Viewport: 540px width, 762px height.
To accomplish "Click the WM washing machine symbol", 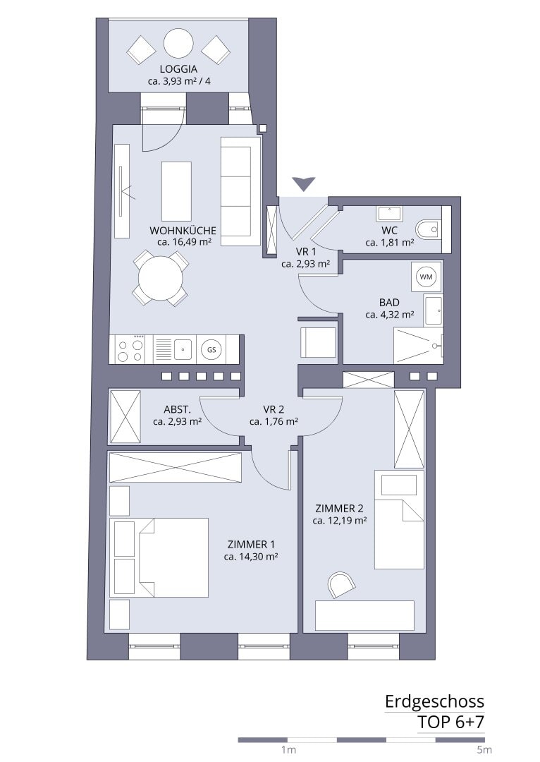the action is [426, 277].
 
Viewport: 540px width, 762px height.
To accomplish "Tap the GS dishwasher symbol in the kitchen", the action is [211, 349].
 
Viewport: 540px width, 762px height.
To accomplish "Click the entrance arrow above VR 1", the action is [304, 183].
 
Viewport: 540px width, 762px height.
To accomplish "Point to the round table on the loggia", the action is [178, 44].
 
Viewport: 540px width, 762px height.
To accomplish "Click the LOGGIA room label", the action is [178, 69].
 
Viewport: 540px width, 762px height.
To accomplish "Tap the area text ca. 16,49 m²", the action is [183, 241].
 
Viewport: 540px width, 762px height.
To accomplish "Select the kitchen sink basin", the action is [183, 349].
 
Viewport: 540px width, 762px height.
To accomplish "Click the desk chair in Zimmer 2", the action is [341, 584].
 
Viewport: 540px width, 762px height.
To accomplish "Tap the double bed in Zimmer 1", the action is [159, 557].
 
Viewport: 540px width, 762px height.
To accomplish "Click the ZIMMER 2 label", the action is [340, 508].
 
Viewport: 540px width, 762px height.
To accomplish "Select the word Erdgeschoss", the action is [435, 701].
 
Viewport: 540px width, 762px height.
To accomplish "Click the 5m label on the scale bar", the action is [484, 749].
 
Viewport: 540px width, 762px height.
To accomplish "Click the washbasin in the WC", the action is [389, 214].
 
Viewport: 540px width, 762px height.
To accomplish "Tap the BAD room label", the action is [389, 302].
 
